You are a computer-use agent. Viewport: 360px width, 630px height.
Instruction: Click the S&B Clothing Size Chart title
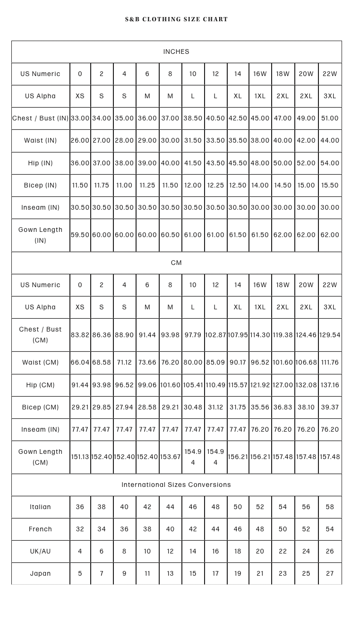click(x=176, y=19)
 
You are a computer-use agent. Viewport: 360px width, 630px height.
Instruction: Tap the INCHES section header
click(x=176, y=51)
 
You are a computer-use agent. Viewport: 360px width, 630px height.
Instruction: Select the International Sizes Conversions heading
click(x=176, y=485)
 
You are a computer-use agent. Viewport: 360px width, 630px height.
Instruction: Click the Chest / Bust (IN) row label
click(x=41, y=118)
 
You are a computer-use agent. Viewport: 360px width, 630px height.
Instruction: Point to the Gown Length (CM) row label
click(x=41, y=457)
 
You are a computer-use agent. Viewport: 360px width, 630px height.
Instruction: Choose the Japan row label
click(x=41, y=573)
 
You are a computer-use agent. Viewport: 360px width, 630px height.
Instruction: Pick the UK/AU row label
click(x=41, y=551)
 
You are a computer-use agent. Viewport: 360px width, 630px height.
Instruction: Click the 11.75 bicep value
click(x=102, y=185)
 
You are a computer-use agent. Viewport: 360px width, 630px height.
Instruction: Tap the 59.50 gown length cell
click(x=80, y=235)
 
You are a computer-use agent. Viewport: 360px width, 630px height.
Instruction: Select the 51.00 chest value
click(x=330, y=118)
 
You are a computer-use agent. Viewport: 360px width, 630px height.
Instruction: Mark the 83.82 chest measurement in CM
click(x=80, y=335)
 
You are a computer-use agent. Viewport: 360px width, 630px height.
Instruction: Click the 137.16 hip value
click(x=330, y=385)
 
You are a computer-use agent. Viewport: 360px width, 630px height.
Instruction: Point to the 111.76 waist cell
click(x=330, y=362)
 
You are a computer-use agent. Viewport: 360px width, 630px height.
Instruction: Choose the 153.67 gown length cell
click(x=170, y=457)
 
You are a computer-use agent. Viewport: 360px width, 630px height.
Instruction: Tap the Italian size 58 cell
click(x=330, y=507)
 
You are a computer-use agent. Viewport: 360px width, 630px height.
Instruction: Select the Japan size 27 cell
click(x=330, y=573)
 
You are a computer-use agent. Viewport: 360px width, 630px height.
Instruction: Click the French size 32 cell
click(x=80, y=529)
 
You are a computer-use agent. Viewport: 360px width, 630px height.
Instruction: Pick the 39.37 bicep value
click(x=330, y=407)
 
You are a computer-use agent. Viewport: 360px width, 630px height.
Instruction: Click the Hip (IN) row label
click(x=41, y=163)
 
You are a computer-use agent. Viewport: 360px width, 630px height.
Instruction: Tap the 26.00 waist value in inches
click(x=80, y=140)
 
